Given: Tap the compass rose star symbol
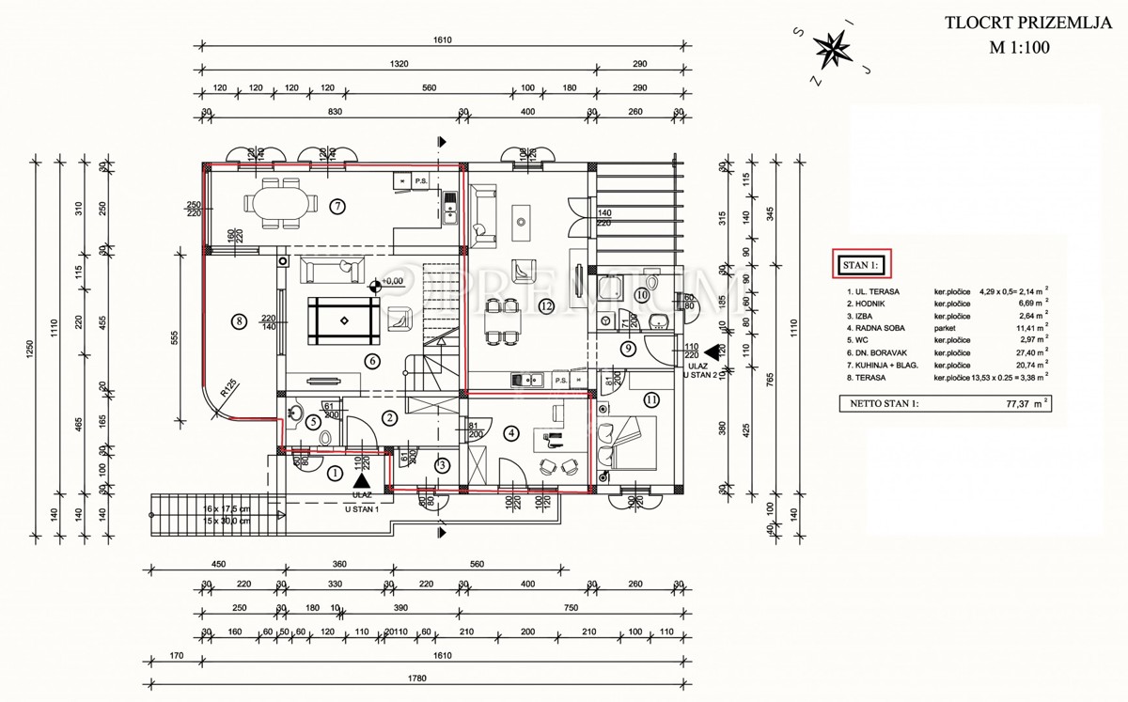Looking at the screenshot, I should pos(831,50).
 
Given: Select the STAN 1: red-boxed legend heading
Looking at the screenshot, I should pos(860,266).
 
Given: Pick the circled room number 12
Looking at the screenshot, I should pos(545,307).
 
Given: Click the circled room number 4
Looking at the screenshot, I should pos(511,433).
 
